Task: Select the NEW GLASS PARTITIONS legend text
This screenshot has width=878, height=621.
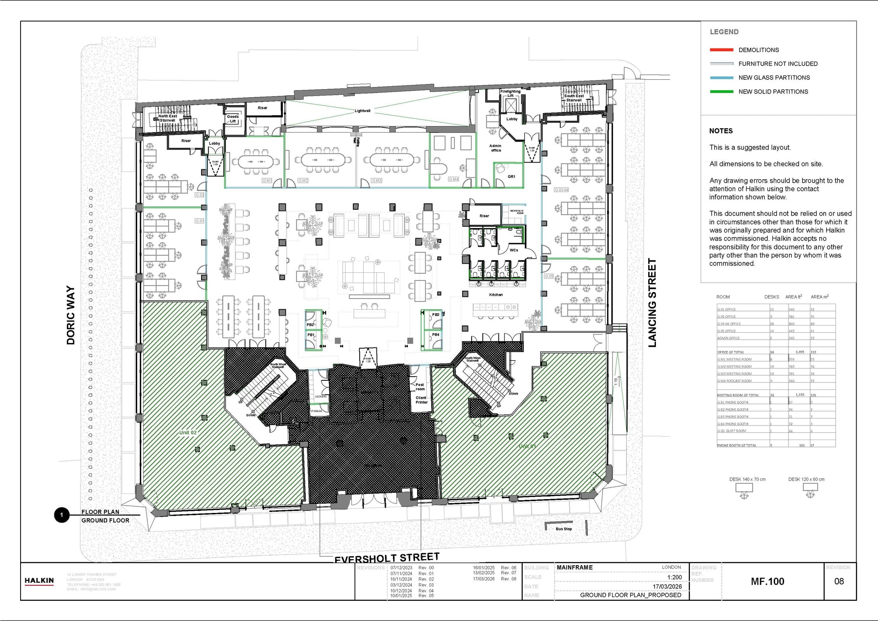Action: coord(774,78)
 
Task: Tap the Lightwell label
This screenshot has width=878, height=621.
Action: coord(362,111)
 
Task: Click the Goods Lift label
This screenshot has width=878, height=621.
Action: coord(233,119)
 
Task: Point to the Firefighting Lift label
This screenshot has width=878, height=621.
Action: coord(510,93)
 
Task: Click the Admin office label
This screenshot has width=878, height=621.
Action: coord(496,148)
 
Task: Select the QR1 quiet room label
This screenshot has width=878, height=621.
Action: coord(511,176)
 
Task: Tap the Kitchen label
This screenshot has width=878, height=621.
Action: coord(496,295)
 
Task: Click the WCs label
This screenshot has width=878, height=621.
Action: coord(514,250)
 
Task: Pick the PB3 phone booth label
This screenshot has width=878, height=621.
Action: coord(436,315)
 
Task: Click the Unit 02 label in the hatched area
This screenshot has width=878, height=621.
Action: coord(188,432)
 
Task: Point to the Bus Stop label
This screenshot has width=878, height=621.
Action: coord(564,529)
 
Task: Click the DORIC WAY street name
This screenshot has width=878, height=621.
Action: coord(71,315)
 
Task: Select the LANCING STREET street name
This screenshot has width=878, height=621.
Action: coord(652,302)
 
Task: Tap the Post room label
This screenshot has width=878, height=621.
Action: coord(420,387)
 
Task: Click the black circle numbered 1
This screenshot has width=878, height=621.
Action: coord(62,515)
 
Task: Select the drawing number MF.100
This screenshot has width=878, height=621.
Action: coord(767,582)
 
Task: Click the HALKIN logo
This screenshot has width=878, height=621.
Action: coord(39,581)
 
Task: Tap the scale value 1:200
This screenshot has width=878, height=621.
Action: coord(674,577)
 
